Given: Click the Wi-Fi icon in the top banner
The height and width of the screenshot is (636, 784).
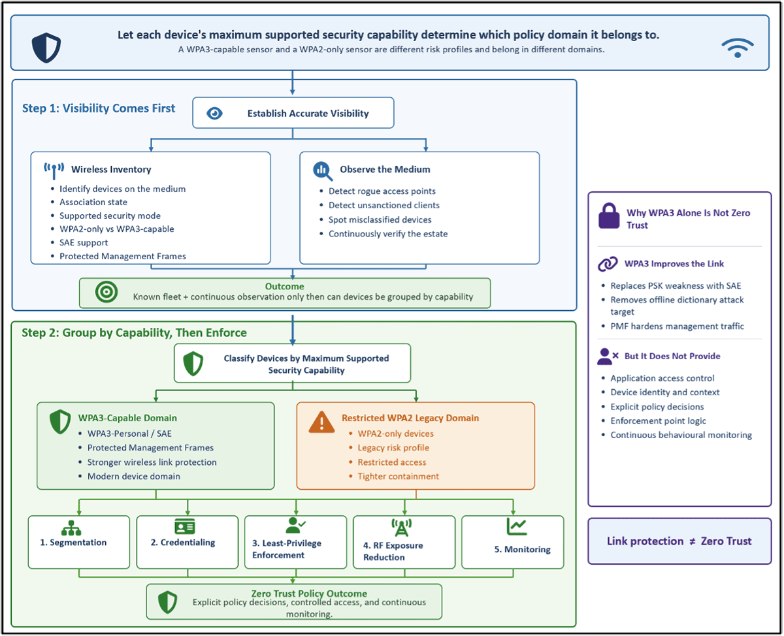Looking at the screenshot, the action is (737, 48).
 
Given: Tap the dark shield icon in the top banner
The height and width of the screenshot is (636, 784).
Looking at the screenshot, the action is (46, 48).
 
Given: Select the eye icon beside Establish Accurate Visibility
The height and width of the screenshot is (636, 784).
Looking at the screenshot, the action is (214, 114).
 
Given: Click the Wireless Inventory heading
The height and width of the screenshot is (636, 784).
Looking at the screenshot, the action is (111, 169).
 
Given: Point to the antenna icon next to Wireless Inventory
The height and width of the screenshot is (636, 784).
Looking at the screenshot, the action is (54, 171).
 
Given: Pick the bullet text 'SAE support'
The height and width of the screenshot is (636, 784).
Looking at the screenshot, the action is (84, 242).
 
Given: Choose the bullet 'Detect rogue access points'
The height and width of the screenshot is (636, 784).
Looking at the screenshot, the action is (382, 191).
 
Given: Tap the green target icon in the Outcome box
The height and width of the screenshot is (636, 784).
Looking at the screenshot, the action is (106, 292).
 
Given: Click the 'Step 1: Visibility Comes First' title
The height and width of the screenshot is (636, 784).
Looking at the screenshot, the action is (99, 108).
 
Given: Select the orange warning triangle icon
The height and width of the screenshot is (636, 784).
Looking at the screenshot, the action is (321, 422).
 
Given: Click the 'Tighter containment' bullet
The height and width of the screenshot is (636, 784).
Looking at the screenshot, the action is (399, 477).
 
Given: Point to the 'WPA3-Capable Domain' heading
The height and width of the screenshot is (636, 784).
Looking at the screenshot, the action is (127, 418).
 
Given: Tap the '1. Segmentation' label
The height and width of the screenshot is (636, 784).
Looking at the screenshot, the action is (73, 542).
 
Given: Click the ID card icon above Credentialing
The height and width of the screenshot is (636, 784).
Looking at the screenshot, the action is (185, 527).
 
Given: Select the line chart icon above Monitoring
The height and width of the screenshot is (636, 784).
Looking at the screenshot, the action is (517, 527).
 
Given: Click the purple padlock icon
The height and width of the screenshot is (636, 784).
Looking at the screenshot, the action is (609, 216).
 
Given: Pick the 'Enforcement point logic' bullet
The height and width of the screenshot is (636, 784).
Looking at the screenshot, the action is (658, 421).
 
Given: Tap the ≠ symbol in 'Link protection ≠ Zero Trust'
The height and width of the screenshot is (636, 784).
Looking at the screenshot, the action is (693, 541).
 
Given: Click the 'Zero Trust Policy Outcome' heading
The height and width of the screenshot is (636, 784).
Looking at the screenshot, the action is (309, 594).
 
